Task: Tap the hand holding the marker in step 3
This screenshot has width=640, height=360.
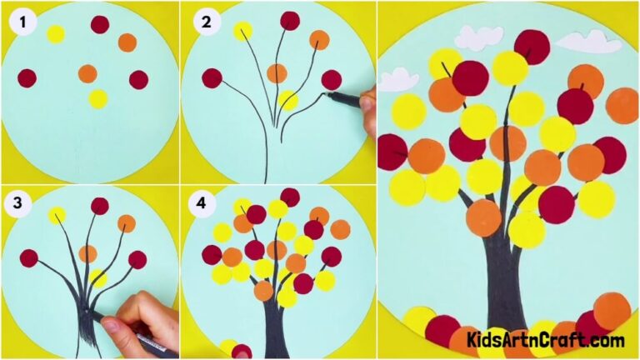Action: tap(146, 321)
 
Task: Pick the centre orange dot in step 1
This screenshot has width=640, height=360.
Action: tap(87, 73)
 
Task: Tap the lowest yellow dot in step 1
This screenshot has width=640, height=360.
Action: tap(98, 98)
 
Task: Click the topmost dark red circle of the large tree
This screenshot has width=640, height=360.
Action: tap(532, 47)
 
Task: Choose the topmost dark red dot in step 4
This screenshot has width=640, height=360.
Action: tap(290, 197)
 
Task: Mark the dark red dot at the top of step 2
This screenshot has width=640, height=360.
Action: tap(290, 20)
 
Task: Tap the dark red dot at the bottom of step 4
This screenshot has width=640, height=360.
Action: tap(242, 352)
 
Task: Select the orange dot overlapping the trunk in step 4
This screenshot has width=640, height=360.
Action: tap(263, 291)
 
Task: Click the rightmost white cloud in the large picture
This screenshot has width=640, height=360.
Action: tap(593, 41)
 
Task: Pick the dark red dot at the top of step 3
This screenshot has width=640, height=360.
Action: tap(100, 205)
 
